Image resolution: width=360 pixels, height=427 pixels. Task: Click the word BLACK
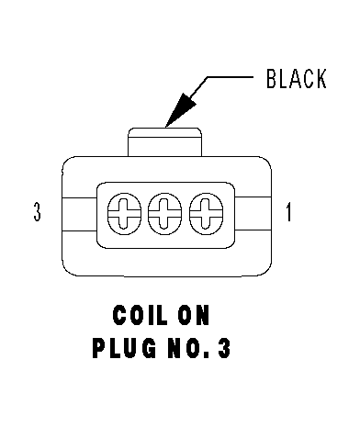(297, 79)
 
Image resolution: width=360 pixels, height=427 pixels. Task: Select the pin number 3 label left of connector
(37, 211)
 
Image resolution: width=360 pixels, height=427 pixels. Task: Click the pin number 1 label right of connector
(288, 212)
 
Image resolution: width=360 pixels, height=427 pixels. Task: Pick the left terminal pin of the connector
(124, 214)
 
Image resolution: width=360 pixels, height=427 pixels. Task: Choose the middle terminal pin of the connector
(164, 214)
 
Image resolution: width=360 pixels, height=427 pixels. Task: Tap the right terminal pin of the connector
(206, 214)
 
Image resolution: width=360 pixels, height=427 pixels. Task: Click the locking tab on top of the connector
(164, 142)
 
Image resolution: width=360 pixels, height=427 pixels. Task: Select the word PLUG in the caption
(124, 348)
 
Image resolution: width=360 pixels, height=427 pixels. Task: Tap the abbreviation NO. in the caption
(189, 348)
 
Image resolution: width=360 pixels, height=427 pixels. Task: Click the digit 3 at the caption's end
(224, 348)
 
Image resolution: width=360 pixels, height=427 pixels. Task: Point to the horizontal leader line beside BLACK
(231, 77)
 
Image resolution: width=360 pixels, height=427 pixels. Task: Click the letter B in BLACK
(272, 79)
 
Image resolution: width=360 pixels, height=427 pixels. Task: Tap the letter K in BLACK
(321, 79)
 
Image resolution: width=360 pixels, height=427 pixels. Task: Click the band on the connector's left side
(80, 214)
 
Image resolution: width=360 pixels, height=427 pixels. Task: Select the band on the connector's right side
(253, 213)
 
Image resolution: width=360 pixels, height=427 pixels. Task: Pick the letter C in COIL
(119, 315)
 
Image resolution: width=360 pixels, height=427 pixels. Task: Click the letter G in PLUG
(149, 348)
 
